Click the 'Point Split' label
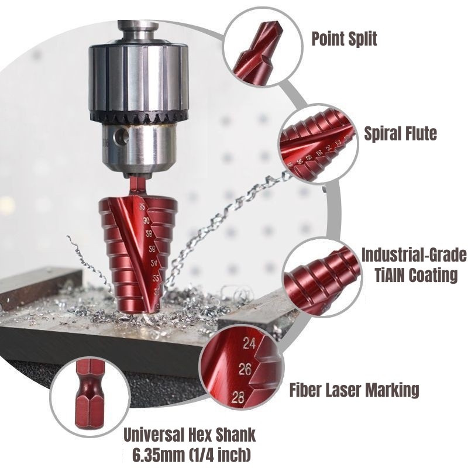[344, 39]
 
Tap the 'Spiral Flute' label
[400, 134]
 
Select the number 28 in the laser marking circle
[237, 399]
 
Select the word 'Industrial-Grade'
[414, 256]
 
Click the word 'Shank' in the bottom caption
[236, 435]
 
